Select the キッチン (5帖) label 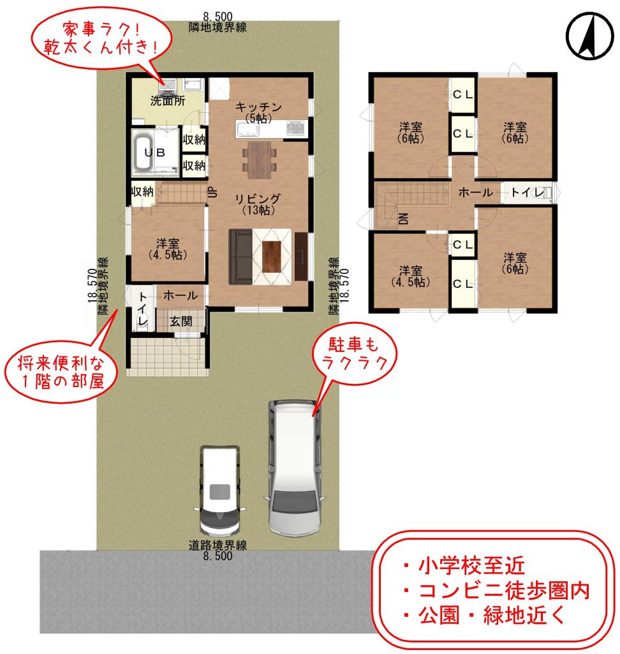pyautogui.click(x=258, y=111)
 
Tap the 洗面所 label pyautogui.click(x=166, y=100)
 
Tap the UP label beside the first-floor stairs pyautogui.click(x=214, y=192)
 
